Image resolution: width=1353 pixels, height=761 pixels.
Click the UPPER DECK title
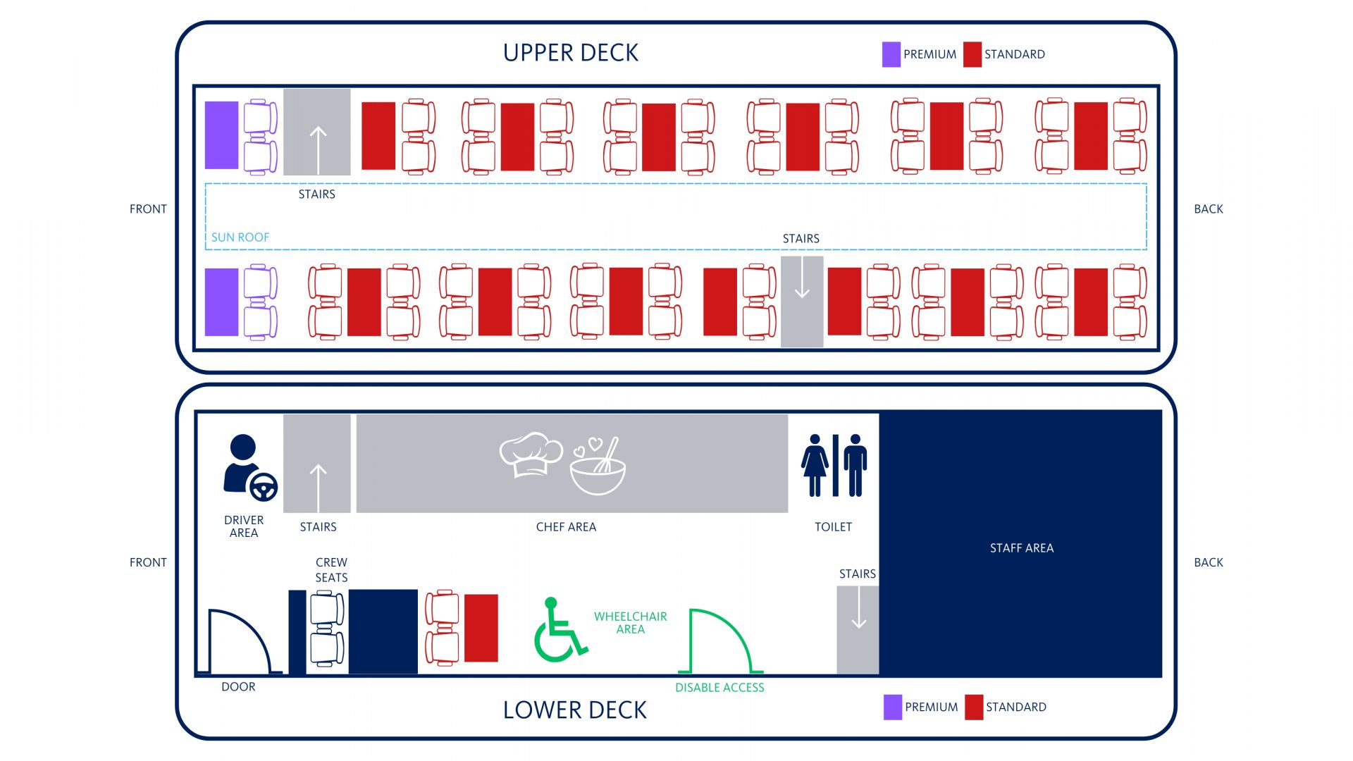click(x=570, y=53)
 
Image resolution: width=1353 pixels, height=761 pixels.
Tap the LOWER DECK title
click(x=574, y=710)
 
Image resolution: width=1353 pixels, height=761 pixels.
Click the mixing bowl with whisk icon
click(x=598, y=468)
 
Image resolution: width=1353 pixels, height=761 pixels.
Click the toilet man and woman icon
click(x=834, y=466)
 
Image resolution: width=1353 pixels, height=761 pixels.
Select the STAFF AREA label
click(x=1021, y=548)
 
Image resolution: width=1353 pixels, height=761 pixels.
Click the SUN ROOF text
click(x=240, y=237)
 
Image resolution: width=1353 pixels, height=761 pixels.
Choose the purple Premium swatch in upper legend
click(x=891, y=54)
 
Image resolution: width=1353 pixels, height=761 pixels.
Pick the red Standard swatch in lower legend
click(x=973, y=707)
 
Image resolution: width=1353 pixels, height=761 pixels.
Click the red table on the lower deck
click(x=481, y=628)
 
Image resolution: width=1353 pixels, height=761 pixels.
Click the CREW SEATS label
click(x=331, y=570)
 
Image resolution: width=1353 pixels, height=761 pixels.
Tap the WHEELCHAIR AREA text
click(x=630, y=623)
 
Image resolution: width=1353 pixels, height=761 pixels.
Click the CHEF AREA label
click(x=566, y=527)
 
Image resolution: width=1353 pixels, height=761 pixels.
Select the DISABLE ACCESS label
click(x=719, y=688)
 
